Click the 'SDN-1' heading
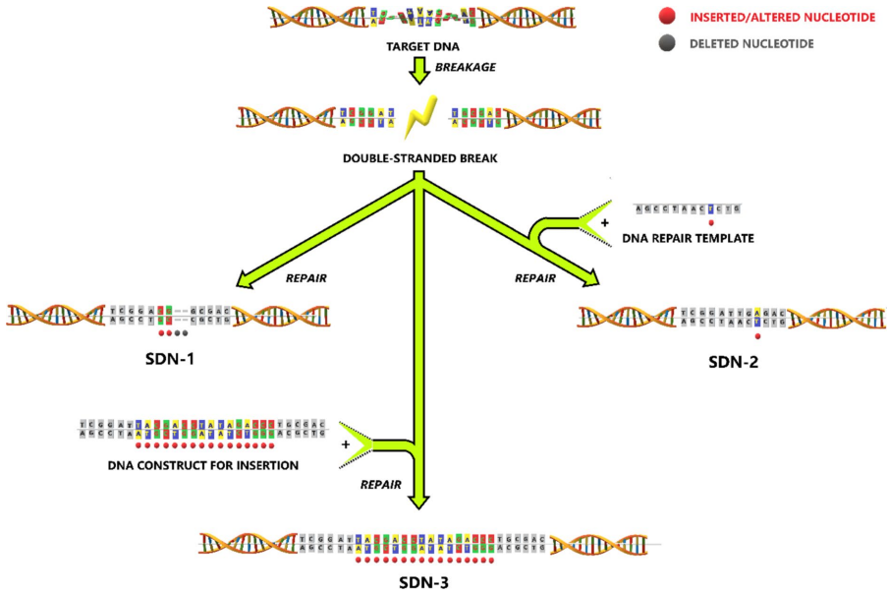point(169,358)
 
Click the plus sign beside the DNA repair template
point(605,223)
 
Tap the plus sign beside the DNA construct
point(346,444)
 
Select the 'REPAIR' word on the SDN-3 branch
point(381,484)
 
